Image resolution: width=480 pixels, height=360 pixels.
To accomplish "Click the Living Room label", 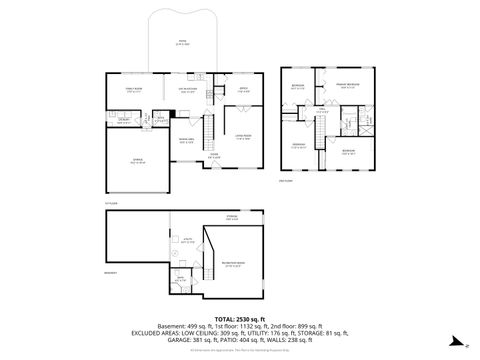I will point(243,138).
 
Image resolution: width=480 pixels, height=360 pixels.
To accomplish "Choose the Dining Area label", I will point(187,139).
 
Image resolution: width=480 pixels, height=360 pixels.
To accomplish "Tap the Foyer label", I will point(214,155).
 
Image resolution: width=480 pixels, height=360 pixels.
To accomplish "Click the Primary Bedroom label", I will point(347,87).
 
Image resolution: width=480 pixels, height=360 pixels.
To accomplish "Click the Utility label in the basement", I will point(187,240).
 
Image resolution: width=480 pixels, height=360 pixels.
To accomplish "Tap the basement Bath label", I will point(180,281).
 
